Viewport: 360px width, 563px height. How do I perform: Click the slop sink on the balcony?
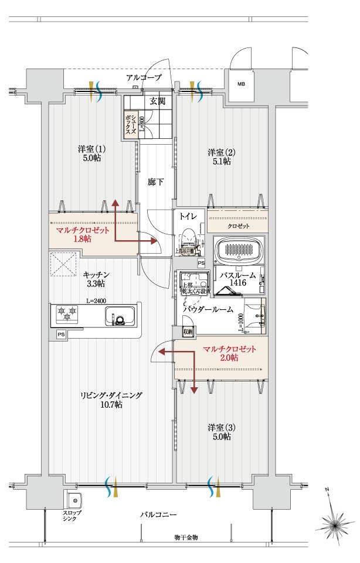[75, 501]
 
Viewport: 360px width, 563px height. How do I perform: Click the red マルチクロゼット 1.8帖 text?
[82, 234]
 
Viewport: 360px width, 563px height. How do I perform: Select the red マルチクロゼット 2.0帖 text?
[229, 353]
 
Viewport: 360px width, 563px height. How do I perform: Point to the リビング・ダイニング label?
[111, 400]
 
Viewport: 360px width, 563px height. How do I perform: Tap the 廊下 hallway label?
[155, 182]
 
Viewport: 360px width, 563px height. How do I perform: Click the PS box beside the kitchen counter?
[61, 335]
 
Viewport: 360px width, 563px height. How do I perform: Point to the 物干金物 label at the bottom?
[186, 537]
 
